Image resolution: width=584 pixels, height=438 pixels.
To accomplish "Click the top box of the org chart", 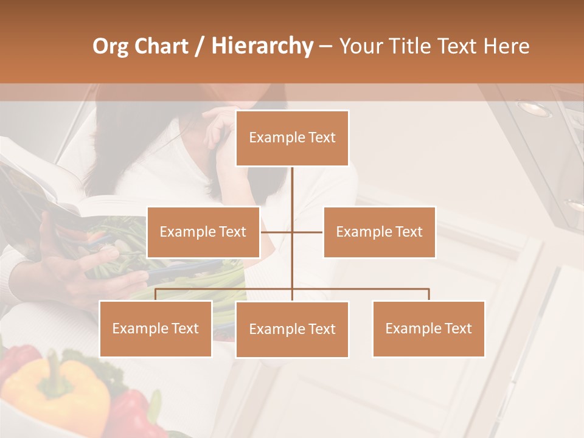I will pos(292,138).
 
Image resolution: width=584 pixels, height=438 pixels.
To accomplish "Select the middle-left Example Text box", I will pos(203,232).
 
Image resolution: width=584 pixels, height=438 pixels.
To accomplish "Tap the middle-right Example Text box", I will pos(379,232).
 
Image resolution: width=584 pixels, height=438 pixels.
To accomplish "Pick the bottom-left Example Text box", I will pos(155,328).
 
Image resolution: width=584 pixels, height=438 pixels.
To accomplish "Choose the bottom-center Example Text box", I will pos(292,329).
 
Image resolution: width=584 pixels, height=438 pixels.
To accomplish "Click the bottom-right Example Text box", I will pos(428,328).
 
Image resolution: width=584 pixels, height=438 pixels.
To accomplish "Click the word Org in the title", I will pos(110,46).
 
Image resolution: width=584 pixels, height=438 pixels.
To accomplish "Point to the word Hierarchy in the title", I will pos(262,46).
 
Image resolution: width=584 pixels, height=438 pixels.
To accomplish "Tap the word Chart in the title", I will pos(162,46).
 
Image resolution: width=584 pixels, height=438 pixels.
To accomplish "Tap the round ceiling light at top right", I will pos(534,108).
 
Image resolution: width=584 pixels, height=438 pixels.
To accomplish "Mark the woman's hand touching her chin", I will pos(220,125).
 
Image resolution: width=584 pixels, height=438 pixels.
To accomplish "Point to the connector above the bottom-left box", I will pos(156,294).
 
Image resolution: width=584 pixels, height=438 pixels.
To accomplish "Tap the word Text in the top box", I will pos(321,138).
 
